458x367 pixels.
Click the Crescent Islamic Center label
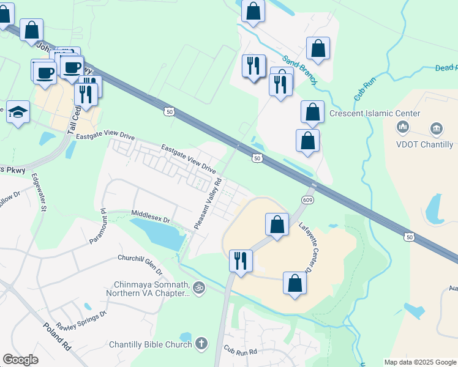[x=375, y=114]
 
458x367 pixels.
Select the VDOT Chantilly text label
[x=425, y=145]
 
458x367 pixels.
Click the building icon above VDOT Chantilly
[x=436, y=128]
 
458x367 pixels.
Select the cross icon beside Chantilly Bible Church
[x=201, y=344]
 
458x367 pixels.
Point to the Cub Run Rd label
[x=239, y=351]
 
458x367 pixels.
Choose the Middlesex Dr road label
[x=150, y=216]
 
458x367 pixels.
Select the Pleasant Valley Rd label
[x=208, y=204]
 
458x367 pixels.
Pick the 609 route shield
[x=307, y=200]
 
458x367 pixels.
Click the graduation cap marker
[x=18, y=112]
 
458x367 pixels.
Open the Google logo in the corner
[x=20, y=360]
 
